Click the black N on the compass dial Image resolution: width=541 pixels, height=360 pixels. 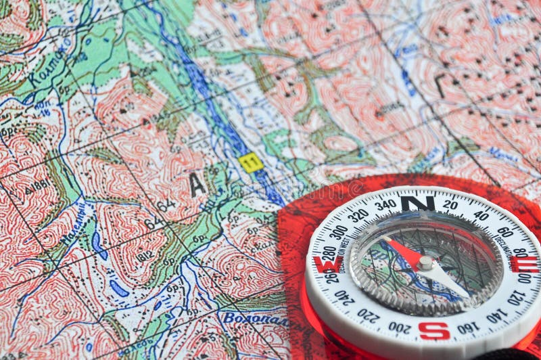pyautogui.click(x=417, y=202)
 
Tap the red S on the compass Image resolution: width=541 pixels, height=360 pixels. pyautogui.click(x=433, y=331)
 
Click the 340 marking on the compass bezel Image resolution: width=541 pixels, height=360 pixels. pyautogui.click(x=385, y=204)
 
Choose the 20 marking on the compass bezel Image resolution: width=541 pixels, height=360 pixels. pyautogui.click(x=450, y=204)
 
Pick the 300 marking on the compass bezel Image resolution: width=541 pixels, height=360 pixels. pyautogui.click(x=338, y=232)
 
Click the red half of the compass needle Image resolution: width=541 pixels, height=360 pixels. pyautogui.click(x=404, y=251)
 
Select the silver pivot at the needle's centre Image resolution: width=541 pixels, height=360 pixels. pyautogui.click(x=425, y=263)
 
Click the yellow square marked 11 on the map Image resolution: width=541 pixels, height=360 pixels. pyautogui.click(x=251, y=162)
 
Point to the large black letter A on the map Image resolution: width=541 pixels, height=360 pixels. pyautogui.click(x=197, y=184)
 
